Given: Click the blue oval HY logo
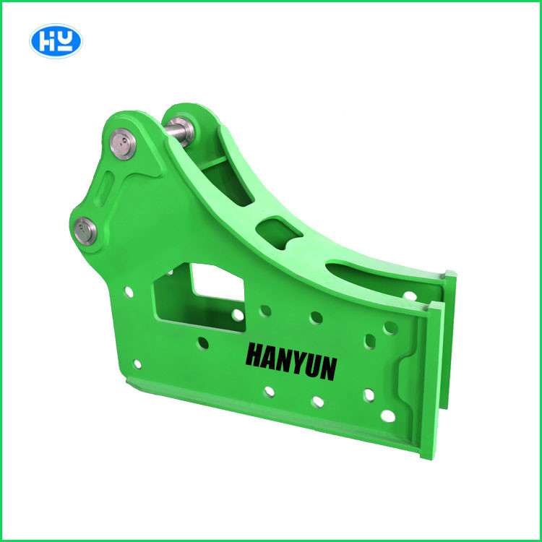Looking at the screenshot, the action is [x=56, y=41].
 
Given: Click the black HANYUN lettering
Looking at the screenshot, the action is [x=291, y=361].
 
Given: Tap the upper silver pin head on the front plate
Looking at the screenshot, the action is [x=123, y=144].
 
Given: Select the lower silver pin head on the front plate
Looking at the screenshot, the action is [x=85, y=231].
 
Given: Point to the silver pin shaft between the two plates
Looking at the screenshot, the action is [x=174, y=130].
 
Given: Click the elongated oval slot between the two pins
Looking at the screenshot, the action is [x=104, y=189].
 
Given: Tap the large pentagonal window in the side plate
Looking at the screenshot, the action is [x=199, y=297].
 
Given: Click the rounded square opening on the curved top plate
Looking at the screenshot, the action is [x=279, y=232].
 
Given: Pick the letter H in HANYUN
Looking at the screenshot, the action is [x=254, y=355].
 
